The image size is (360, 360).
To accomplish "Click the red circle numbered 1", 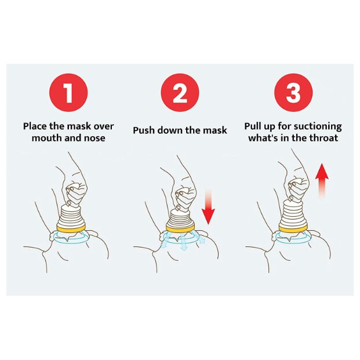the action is [x=68, y=93].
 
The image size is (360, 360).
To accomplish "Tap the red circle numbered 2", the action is [x=180, y=93].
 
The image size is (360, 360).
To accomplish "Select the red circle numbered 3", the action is [x=293, y=93].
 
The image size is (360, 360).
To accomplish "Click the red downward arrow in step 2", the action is [x=208, y=206].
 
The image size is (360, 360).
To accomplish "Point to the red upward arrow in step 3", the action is [x=322, y=180].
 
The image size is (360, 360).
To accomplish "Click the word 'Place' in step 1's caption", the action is [x=35, y=126].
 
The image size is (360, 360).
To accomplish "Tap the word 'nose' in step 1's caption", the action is [x=94, y=138].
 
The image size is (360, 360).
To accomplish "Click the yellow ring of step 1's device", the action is [x=71, y=228].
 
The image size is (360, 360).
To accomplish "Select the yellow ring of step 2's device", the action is [x=180, y=228].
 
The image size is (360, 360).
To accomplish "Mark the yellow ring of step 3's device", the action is [x=293, y=228].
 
